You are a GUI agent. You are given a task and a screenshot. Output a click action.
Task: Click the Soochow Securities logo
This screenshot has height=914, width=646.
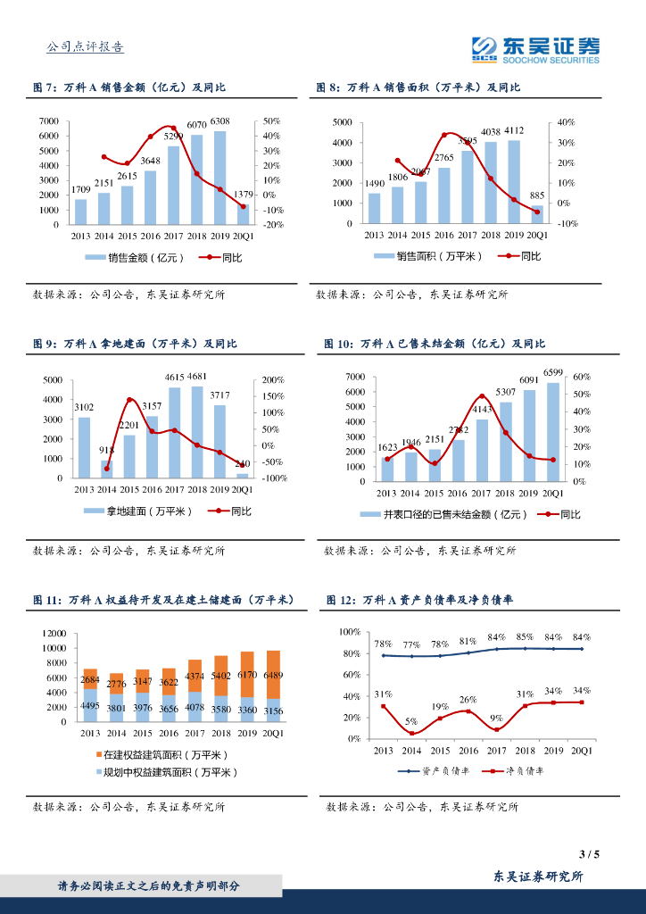535,49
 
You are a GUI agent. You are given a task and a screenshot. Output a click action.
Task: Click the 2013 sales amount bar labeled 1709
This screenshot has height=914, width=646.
80,212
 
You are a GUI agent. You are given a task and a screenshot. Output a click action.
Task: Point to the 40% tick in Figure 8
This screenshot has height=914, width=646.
566,121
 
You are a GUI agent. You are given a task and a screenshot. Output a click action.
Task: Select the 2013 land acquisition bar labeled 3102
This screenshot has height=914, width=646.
84,447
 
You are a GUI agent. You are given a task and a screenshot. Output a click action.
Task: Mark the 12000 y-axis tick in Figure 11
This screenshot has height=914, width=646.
54,633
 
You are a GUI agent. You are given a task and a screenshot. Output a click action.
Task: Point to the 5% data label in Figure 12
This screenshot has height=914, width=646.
410,722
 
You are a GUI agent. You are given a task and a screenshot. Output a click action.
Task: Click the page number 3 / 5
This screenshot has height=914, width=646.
588,854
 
